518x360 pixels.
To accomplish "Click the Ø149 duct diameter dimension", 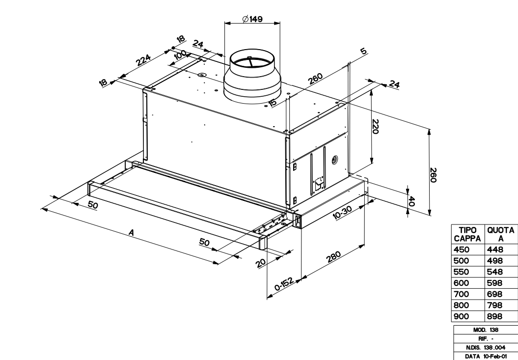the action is click(x=252, y=19).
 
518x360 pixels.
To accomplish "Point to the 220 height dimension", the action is click(x=375, y=126).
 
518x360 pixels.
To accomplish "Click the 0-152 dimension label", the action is click(x=284, y=284).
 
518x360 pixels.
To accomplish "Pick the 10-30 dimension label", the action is click(x=342, y=212).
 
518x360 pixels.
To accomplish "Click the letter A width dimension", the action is click(x=132, y=233).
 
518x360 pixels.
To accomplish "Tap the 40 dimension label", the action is click(x=411, y=201).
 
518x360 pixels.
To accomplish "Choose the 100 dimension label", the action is click(x=180, y=55).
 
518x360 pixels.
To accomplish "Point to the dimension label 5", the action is click(x=363, y=51).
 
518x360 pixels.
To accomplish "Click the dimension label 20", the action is click(x=261, y=263).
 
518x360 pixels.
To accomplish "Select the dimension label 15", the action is click(x=273, y=103).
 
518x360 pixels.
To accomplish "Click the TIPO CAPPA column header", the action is click(x=467, y=234).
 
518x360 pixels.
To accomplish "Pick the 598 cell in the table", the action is click(x=494, y=283).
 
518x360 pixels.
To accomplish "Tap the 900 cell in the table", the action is click(x=461, y=316).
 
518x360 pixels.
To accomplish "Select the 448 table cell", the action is click(x=495, y=249).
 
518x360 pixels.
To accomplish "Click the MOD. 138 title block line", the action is click(x=486, y=330).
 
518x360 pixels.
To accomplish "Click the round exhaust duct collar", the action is click(x=252, y=76).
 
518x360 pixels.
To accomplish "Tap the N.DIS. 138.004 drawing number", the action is click(x=486, y=347).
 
